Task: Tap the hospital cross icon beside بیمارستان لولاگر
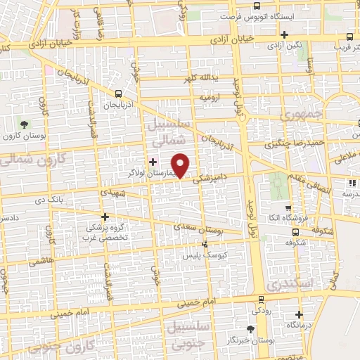(x=153, y=162)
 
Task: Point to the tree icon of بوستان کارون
(x=25, y=124)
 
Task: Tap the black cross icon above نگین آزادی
(x=284, y=34)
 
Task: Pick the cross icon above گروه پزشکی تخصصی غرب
(x=105, y=217)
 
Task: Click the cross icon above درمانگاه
(x=300, y=314)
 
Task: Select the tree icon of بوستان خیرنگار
(x=251, y=328)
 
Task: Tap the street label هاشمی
(x=37, y=259)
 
